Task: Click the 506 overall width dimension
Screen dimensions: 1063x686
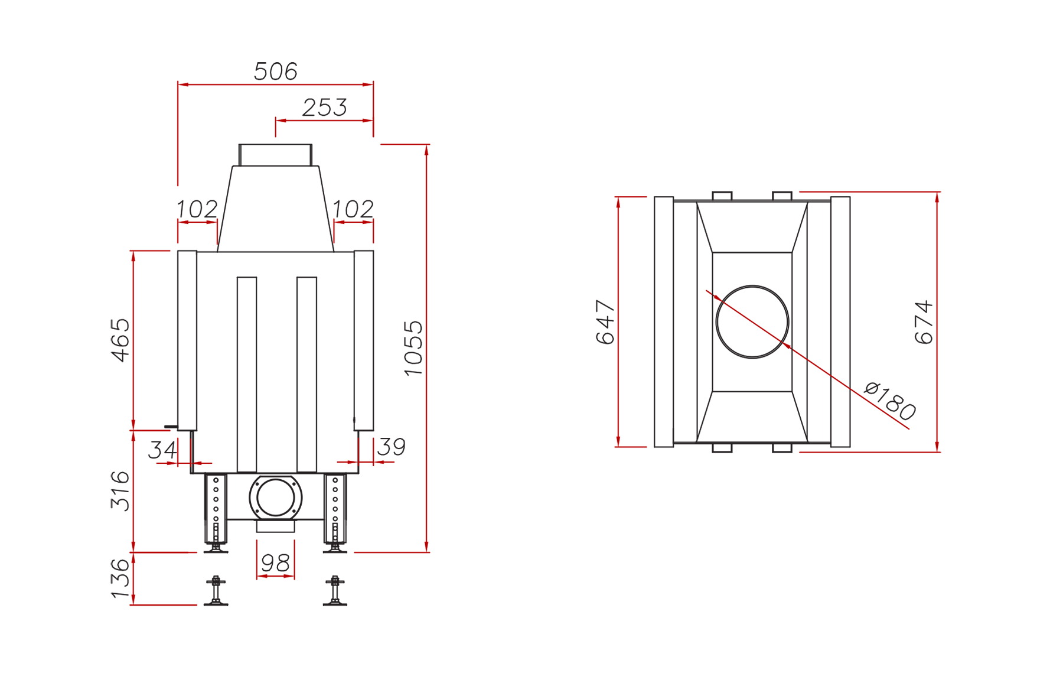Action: tap(275, 71)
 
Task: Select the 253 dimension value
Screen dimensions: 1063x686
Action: tap(324, 108)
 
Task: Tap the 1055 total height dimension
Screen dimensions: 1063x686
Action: tap(413, 348)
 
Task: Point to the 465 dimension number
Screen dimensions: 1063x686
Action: tap(120, 340)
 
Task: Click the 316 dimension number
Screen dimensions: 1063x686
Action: tap(120, 490)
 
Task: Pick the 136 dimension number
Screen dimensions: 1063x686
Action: tap(120, 578)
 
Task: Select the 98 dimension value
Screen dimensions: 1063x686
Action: tap(275, 563)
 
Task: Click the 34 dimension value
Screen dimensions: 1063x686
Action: tap(162, 450)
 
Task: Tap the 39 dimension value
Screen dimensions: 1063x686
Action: tap(391, 447)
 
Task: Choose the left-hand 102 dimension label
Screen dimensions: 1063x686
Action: tap(197, 209)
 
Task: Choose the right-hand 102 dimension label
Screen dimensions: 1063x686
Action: tap(353, 209)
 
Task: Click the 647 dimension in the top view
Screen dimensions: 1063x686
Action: tap(605, 322)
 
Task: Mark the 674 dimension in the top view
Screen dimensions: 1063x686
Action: tap(924, 322)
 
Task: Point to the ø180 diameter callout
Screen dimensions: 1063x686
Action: tap(889, 401)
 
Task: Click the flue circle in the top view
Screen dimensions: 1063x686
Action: tap(752, 286)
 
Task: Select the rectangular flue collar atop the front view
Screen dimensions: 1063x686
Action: tap(275, 155)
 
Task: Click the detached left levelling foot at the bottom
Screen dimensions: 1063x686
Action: tap(216, 591)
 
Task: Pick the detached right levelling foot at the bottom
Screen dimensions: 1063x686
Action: tap(335, 591)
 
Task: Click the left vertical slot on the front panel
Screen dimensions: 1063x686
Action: tap(247, 375)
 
